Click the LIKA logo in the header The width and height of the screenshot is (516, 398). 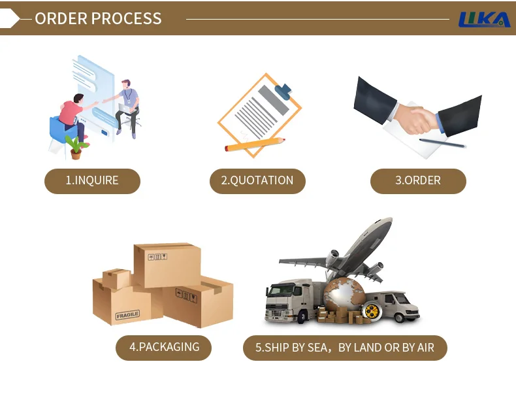click(485, 20)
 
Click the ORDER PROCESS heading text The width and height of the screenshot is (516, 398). click(98, 18)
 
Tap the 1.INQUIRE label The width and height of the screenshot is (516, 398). click(92, 180)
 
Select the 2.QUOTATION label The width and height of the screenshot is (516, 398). click(257, 180)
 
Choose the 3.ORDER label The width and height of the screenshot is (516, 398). click(418, 180)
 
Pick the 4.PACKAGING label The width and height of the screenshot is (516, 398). click(164, 347)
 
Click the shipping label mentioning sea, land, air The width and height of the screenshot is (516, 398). click(345, 348)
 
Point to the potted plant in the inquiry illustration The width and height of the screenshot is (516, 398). click(76, 148)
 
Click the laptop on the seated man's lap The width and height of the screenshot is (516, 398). click(126, 108)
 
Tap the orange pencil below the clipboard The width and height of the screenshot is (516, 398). click(255, 144)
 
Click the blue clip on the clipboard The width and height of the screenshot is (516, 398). click(283, 91)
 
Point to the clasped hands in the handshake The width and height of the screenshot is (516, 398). click(416, 119)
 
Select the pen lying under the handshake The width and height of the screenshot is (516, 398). click(443, 143)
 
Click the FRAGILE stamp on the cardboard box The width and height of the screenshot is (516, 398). click(127, 315)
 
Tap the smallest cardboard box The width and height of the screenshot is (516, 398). click(116, 278)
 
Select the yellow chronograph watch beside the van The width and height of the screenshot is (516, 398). click(372, 312)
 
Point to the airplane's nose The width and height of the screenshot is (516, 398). click(388, 220)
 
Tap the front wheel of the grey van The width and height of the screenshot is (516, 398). click(399, 318)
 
